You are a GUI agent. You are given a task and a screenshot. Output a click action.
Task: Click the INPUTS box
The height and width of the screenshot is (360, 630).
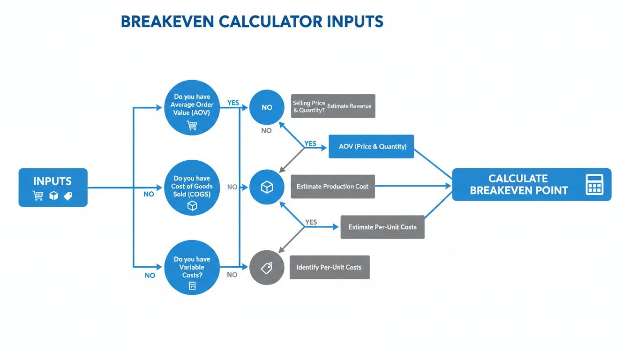tap(53, 187)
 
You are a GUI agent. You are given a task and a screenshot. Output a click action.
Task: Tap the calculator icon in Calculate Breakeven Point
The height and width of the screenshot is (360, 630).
tap(594, 185)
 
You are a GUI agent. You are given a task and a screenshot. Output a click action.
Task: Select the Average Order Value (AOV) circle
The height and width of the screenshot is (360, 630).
tap(192, 108)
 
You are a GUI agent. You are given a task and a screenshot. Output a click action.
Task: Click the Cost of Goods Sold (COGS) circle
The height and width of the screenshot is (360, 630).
tap(192, 187)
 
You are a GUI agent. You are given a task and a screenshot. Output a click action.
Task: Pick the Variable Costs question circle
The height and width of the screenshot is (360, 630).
tap(192, 268)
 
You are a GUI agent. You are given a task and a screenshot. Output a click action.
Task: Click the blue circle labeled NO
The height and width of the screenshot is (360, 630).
tap(267, 107)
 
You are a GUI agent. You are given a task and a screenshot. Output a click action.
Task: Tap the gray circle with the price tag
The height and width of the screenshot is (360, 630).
tap(267, 268)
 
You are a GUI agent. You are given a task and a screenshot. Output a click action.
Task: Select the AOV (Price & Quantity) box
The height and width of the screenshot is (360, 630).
tap(371, 146)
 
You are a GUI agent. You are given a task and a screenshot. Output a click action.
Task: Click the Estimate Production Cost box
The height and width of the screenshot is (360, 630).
tap(333, 187)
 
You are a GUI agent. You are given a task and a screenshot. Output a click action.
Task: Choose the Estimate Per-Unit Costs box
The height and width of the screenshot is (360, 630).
tap(382, 227)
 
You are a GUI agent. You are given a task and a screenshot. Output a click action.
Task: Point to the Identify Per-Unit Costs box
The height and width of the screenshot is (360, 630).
tap(330, 267)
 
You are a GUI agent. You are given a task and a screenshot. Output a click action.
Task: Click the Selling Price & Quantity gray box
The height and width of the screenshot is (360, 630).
tap(333, 106)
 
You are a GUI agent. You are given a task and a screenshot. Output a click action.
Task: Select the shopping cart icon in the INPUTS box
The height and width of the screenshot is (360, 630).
tap(38, 195)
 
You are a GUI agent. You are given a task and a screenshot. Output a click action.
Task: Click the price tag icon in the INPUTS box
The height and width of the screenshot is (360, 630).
tap(68, 195)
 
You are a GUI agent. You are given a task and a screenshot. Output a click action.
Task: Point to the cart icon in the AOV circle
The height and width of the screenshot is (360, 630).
tap(192, 125)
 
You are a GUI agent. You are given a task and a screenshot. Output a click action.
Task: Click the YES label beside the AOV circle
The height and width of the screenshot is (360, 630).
tap(233, 102)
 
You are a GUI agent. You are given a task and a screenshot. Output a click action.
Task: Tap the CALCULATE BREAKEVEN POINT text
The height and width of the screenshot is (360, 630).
tap(518, 185)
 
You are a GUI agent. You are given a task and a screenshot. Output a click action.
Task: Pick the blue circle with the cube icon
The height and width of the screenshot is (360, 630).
tap(267, 187)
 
